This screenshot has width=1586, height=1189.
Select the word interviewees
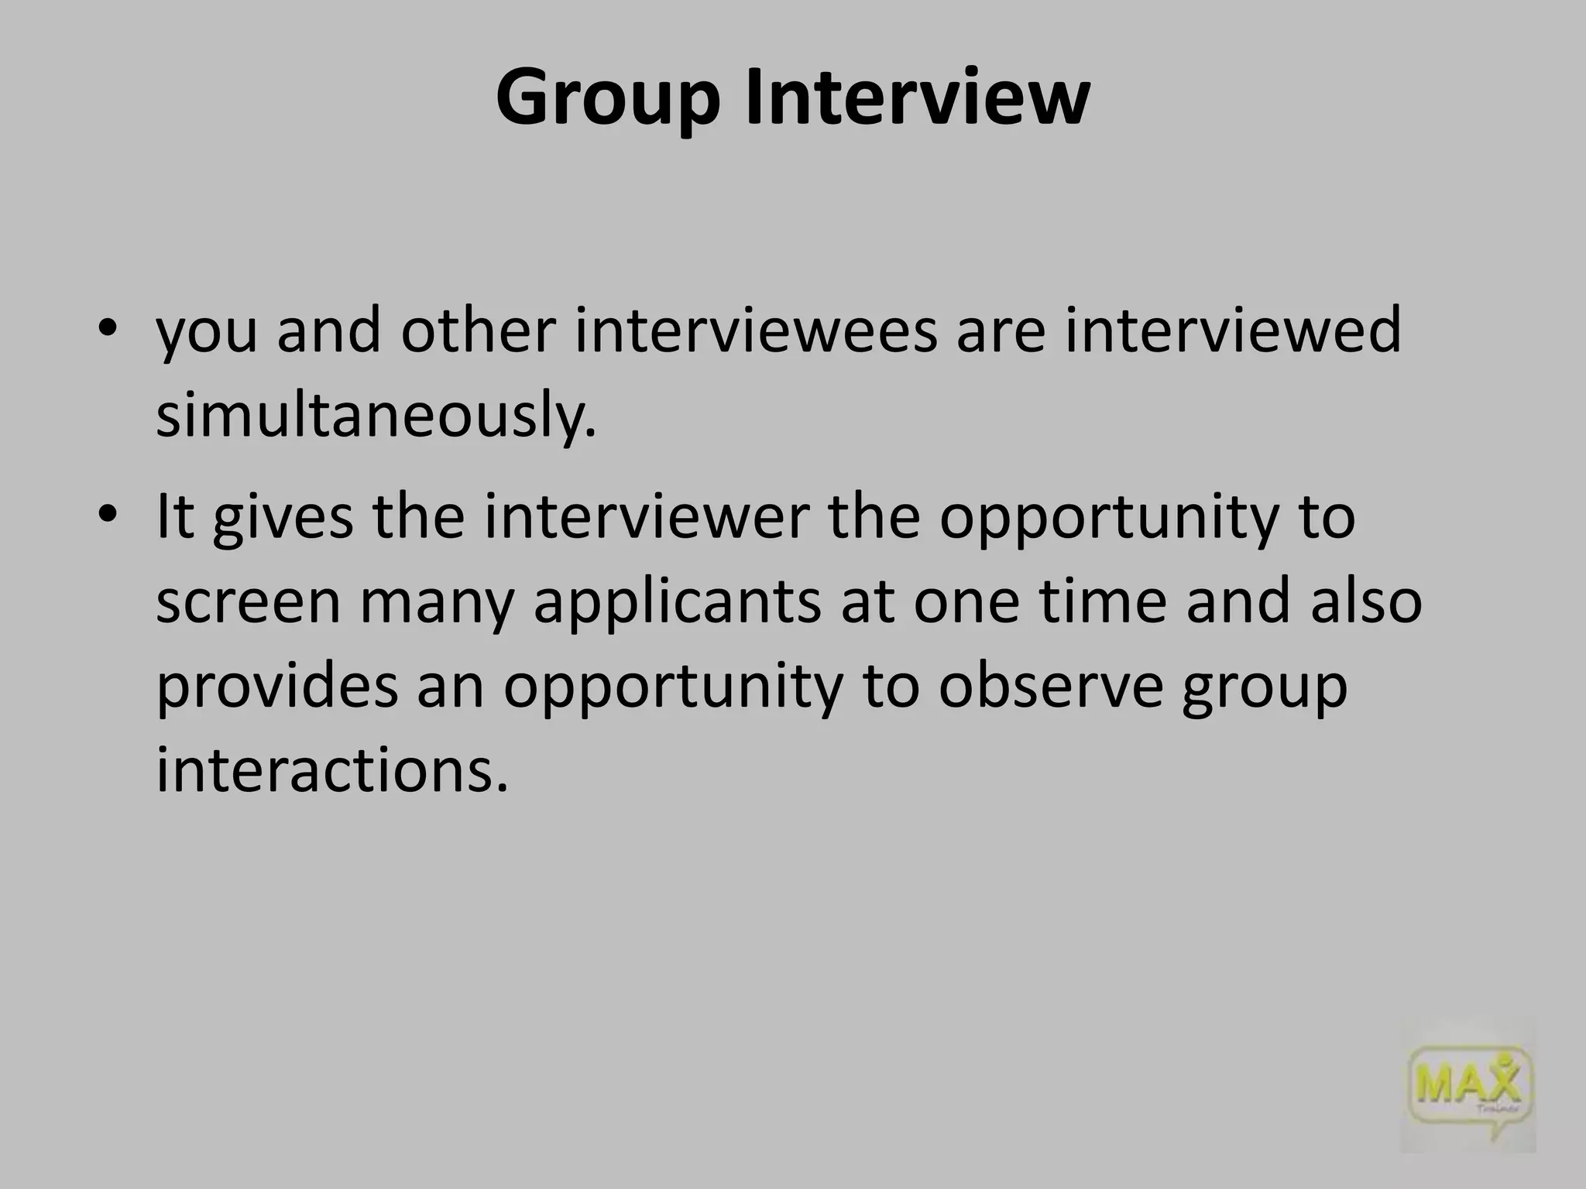(x=755, y=331)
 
